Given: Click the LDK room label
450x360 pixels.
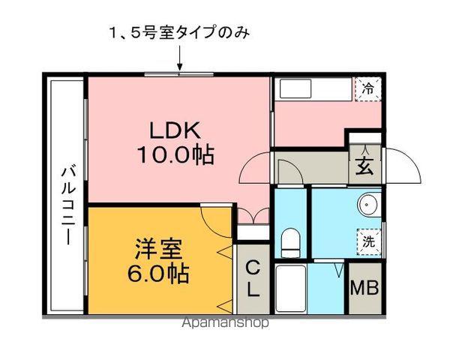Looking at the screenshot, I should click(x=176, y=130).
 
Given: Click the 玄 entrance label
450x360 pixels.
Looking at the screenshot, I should click(x=364, y=166).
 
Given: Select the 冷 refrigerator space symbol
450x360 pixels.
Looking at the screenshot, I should click(x=367, y=88).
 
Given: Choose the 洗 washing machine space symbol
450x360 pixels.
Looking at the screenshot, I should click(x=368, y=241).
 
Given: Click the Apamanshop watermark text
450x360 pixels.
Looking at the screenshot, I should click(x=225, y=325).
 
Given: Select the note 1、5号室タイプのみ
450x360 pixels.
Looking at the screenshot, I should click(x=179, y=33).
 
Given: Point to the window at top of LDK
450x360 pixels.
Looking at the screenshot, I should click(x=180, y=74).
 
